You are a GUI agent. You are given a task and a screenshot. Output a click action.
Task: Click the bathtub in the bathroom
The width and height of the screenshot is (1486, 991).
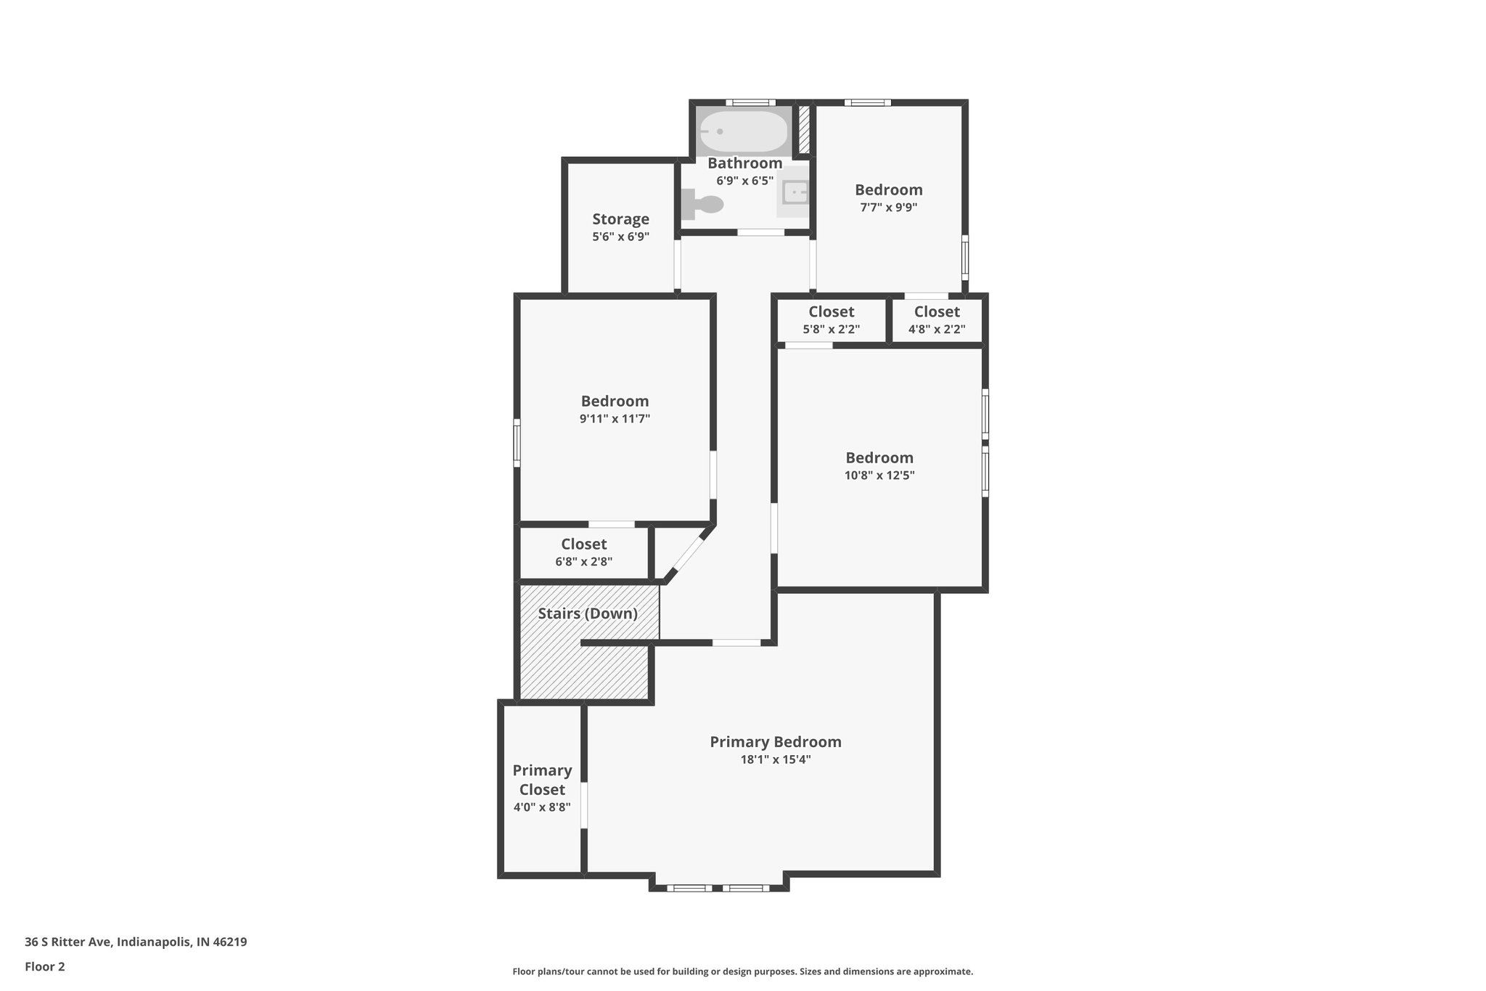pyautogui.click(x=743, y=131)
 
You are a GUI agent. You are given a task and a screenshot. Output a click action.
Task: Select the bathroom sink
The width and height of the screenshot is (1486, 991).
pyautogui.click(x=795, y=194)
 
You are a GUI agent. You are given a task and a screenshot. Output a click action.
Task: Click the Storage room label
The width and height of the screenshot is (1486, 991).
pyautogui.click(x=620, y=219)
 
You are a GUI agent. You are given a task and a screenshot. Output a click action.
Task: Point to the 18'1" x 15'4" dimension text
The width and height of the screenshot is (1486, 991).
pyautogui.click(x=775, y=759)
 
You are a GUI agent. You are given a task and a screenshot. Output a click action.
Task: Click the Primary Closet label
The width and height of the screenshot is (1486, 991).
pyautogui.click(x=542, y=780)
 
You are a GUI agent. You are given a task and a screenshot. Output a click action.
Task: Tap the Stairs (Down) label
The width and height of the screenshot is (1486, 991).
pyautogui.click(x=588, y=613)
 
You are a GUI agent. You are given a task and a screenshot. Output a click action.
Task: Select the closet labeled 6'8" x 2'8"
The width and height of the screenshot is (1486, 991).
pyautogui.click(x=583, y=552)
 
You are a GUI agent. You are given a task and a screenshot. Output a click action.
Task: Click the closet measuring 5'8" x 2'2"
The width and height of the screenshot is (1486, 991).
pyautogui.click(x=831, y=320)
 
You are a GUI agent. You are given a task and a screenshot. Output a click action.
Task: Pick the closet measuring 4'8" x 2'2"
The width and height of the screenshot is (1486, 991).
pyautogui.click(x=937, y=320)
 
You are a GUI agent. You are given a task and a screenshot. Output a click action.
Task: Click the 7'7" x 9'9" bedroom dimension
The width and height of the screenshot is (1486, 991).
pyautogui.click(x=888, y=207)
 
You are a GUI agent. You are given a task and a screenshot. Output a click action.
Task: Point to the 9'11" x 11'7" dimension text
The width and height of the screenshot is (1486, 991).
pyautogui.click(x=615, y=418)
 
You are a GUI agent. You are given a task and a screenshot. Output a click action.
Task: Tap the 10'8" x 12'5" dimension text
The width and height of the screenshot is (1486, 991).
pyautogui.click(x=879, y=476)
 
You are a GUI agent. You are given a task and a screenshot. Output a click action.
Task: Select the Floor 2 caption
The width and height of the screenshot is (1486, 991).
pyautogui.click(x=45, y=966)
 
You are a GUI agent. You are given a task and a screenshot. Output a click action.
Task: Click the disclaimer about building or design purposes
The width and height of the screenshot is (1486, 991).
pyautogui.click(x=742, y=971)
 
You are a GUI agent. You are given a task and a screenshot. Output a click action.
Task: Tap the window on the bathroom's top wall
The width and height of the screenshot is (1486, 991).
pyautogui.click(x=750, y=102)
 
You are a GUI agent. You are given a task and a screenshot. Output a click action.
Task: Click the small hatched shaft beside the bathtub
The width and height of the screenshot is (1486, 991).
pyautogui.click(x=804, y=130)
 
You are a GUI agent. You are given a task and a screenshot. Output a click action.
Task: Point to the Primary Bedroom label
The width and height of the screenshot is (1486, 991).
pyautogui.click(x=775, y=742)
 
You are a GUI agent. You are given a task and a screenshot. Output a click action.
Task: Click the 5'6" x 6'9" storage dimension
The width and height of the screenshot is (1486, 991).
pyautogui.click(x=620, y=237)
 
